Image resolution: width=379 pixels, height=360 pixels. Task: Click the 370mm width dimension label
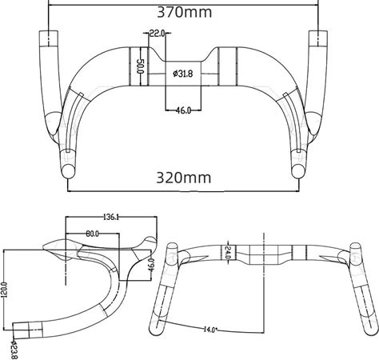point(185,12)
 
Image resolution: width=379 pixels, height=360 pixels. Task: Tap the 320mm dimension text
point(184,178)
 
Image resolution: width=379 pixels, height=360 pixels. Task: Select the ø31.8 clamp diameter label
point(183,74)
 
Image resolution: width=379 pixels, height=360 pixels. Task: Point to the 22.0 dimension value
point(157,34)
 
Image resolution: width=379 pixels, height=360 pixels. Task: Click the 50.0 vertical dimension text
point(140,66)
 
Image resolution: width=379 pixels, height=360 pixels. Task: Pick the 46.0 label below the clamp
point(183,110)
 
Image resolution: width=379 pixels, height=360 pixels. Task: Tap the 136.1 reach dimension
point(111,217)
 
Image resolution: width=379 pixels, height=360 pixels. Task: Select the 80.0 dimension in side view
point(93,234)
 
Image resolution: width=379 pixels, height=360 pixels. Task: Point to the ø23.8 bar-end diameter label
point(14,350)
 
